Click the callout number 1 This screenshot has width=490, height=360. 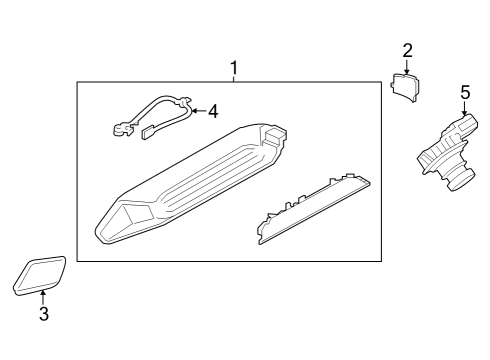[x=234, y=69]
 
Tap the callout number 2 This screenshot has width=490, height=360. [x=407, y=50]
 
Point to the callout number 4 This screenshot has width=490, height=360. [x=212, y=111]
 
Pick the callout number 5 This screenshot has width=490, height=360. [x=465, y=92]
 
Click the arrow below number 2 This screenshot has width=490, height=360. [x=407, y=66]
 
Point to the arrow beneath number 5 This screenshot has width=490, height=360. [x=465, y=109]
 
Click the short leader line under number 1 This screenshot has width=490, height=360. [x=234, y=80]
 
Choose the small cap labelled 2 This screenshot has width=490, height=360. [x=406, y=87]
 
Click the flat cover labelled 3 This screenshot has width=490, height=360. [x=40, y=274]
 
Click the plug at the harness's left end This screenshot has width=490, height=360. [x=122, y=127]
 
